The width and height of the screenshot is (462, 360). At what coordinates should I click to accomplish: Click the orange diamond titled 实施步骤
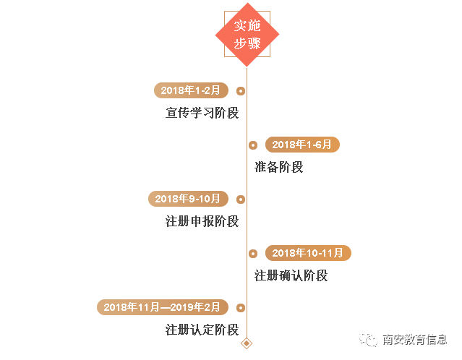[x=247, y=34]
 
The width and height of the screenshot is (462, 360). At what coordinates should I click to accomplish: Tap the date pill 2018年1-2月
[x=191, y=90]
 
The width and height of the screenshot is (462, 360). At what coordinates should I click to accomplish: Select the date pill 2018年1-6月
[x=302, y=145]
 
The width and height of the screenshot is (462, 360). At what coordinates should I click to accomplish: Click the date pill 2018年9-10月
[x=188, y=199]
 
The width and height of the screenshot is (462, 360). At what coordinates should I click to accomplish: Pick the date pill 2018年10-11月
[x=308, y=253]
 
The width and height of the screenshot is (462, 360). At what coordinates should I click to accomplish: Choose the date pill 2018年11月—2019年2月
[x=162, y=307]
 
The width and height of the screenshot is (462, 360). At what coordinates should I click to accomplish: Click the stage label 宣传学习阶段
[x=202, y=113]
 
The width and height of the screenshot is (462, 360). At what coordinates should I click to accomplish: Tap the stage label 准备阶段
[x=278, y=167]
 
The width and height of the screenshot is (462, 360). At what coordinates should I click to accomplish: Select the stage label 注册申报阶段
[x=202, y=221]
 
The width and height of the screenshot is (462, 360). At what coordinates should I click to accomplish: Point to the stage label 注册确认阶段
[x=291, y=275]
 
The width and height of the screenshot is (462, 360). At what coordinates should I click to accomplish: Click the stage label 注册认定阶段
[x=202, y=330]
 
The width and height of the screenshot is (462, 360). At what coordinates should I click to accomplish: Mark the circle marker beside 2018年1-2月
[x=241, y=91]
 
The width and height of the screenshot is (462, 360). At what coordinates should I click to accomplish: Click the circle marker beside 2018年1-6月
[x=253, y=145]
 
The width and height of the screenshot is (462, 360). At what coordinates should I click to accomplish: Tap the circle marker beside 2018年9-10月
[x=241, y=200]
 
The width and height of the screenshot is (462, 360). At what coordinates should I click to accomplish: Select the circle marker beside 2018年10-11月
[x=253, y=254]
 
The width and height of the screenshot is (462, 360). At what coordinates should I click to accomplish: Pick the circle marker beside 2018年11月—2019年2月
[x=241, y=308]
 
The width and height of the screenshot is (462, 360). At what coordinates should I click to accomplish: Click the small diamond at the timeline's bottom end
[x=247, y=343]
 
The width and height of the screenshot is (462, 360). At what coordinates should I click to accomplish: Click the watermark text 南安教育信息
[x=414, y=340]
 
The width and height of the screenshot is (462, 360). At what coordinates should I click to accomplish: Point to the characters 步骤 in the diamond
[x=247, y=43]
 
